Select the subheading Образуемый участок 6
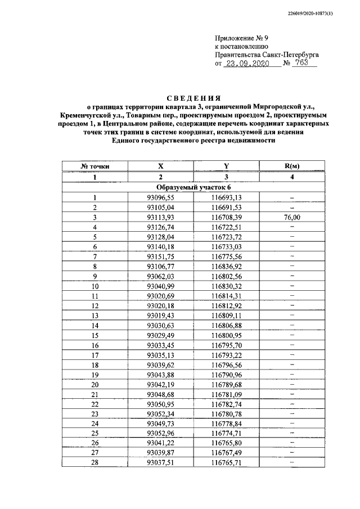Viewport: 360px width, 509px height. click(x=193, y=187)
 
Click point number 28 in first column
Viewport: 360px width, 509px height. click(x=95, y=462)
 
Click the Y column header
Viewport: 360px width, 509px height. click(x=226, y=166)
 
